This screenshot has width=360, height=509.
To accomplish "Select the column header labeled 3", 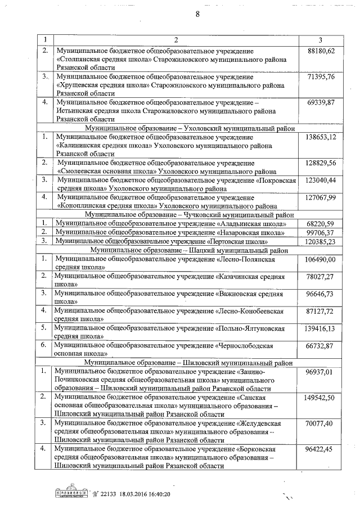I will pyautogui.click(x=320, y=40).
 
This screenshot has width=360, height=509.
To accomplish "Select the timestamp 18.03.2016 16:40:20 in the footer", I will pyautogui.click(x=141, y=493).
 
